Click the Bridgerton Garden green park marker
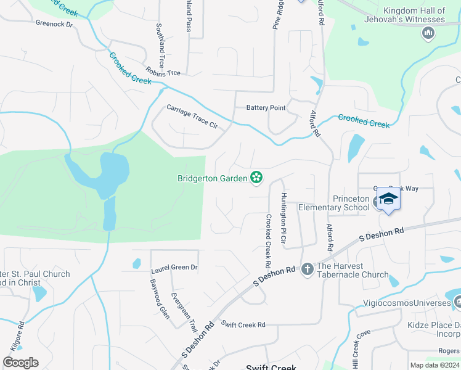tap(256, 178)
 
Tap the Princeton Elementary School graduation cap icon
tap(388, 199)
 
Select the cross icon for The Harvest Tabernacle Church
tap(308, 269)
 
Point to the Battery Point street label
tap(266, 108)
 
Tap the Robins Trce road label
tap(163, 72)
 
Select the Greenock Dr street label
tap(54, 24)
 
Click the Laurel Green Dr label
tap(174, 268)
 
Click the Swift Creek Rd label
tap(243, 324)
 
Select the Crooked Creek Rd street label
tap(269, 236)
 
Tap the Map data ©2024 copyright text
tap(434, 365)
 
